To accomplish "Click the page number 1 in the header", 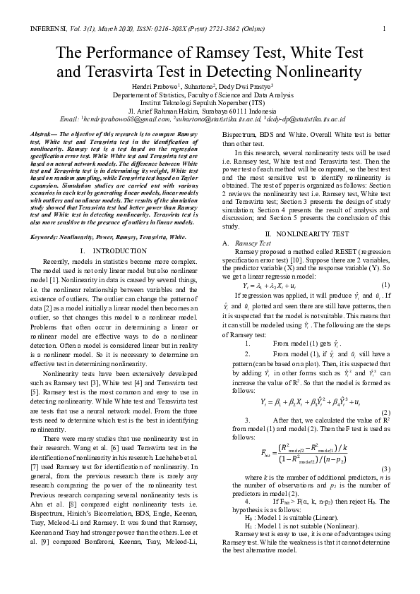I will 383,29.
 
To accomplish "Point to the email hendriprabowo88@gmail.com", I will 121,119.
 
